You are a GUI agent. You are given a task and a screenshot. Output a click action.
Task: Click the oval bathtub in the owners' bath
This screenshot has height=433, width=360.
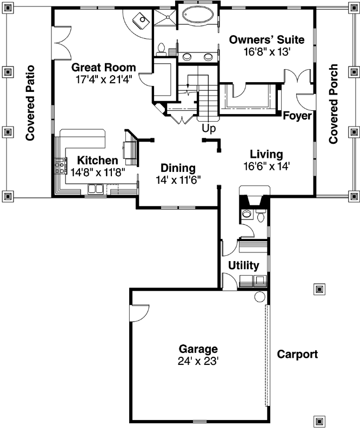pyautogui.click(x=198, y=15)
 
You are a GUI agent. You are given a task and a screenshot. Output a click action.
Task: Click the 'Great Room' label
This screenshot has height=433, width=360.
pyautogui.click(x=104, y=68)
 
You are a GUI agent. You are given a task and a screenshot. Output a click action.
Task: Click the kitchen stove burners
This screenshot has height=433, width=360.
pyautogui.click(x=59, y=165)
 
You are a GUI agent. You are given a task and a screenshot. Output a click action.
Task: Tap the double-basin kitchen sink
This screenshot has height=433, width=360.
pyautogui.click(x=97, y=189)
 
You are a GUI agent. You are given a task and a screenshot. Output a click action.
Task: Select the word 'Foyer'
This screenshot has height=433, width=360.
pyautogui.click(x=297, y=116)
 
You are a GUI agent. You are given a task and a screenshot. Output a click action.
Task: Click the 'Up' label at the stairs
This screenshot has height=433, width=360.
pyautogui.click(x=209, y=128)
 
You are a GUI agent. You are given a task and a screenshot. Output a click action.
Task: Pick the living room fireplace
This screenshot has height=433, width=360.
pyautogui.click(x=253, y=199)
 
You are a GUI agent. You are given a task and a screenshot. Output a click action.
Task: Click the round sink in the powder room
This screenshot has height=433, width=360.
pyautogui.click(x=246, y=215)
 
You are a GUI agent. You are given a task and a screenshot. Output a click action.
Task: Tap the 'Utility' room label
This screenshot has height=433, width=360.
pyautogui.click(x=243, y=266)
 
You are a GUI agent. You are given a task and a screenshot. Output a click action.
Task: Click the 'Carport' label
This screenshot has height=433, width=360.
pyautogui.click(x=297, y=355)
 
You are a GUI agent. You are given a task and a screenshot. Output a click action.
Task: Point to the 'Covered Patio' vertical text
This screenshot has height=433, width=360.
pyautogui.click(x=30, y=103)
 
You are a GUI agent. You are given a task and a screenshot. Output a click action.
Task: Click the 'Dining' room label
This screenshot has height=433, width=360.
pyautogui.click(x=178, y=168)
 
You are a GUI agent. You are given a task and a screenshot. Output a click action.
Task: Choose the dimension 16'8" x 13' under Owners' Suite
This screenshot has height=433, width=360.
pyautogui.click(x=266, y=51)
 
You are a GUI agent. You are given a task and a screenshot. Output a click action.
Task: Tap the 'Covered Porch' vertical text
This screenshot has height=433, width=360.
pyautogui.click(x=334, y=104)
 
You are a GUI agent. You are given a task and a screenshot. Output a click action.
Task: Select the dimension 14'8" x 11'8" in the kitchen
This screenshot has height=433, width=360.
pyautogui.click(x=97, y=172)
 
